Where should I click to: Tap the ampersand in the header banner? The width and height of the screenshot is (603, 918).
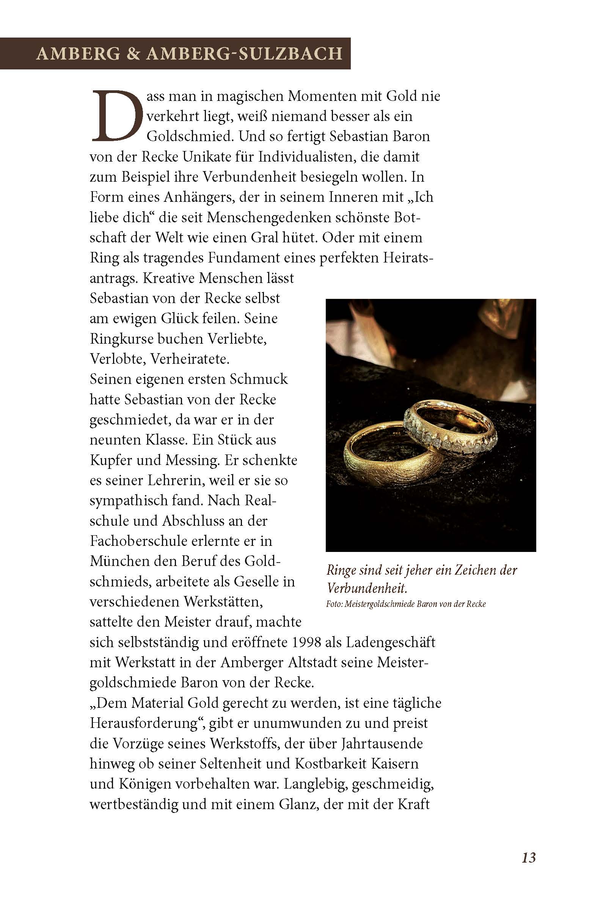133,53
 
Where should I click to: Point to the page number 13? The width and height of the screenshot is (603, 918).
529,857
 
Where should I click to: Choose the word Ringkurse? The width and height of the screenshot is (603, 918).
119,339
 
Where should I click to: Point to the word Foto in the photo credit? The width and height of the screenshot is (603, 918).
333,604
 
